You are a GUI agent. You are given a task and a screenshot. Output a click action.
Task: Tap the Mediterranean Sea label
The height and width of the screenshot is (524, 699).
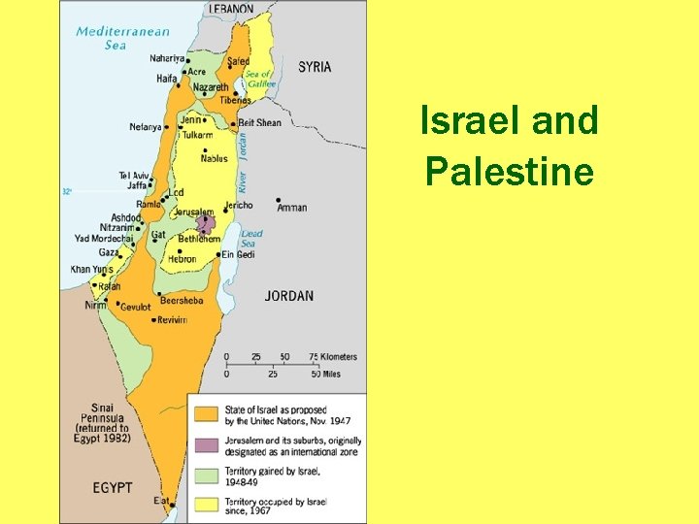[116, 37]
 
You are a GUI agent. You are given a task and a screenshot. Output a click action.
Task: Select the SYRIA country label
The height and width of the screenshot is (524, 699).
[315, 67]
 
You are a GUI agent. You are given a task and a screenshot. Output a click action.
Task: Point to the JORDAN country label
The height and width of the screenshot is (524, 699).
[289, 295]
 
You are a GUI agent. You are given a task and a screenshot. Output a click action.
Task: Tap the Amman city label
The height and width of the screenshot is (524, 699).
[292, 208]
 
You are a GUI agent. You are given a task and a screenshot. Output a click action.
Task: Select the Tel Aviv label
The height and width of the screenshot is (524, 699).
[135, 176]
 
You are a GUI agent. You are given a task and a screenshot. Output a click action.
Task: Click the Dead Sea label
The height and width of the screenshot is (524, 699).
[251, 238]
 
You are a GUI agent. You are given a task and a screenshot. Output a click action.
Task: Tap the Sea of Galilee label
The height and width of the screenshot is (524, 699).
[260, 80]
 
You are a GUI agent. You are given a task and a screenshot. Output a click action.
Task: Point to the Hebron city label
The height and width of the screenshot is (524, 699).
[182, 259]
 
